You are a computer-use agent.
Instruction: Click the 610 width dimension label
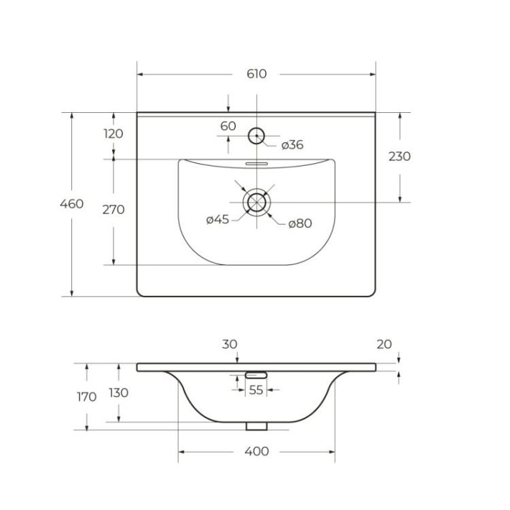click(x=256, y=73)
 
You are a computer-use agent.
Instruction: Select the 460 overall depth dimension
click(x=71, y=204)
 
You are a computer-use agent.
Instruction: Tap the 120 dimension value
click(x=113, y=133)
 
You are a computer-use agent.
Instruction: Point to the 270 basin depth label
click(x=113, y=209)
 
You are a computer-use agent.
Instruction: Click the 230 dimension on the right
click(x=399, y=156)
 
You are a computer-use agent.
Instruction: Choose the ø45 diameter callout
click(x=218, y=219)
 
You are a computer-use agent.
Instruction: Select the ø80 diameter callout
click(x=299, y=223)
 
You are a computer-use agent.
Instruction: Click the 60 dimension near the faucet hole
click(x=228, y=126)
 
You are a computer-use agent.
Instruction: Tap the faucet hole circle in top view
click(x=256, y=135)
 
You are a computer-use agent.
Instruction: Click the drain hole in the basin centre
click(x=256, y=202)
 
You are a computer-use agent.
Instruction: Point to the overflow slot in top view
click(x=256, y=164)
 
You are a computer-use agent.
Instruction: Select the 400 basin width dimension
click(x=256, y=451)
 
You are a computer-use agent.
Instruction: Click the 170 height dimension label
click(x=86, y=397)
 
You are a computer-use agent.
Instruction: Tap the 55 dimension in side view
click(x=256, y=390)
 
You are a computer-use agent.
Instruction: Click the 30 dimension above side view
click(x=229, y=344)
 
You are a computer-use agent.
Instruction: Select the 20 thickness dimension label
click(x=384, y=344)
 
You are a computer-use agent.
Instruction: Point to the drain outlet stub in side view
click(x=256, y=426)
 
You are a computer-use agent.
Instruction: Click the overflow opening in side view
click(x=256, y=374)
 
